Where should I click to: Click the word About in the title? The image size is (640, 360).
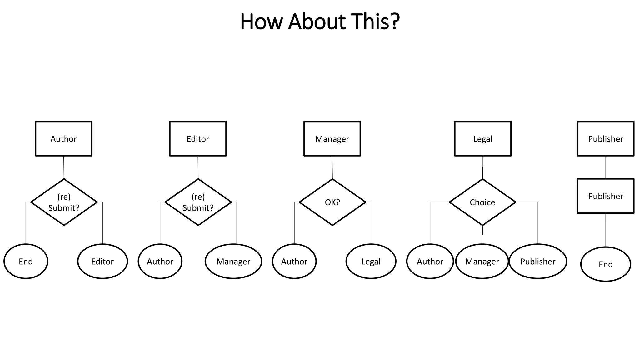pyautogui.click(x=317, y=22)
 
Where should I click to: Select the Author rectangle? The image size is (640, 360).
pyautogui.click(x=64, y=139)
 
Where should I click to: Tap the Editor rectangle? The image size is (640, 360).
pyautogui.click(x=198, y=139)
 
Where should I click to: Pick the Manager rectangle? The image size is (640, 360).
pyautogui.click(x=332, y=139)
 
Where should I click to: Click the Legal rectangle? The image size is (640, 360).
pyautogui.click(x=482, y=139)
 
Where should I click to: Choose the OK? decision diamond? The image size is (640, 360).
pyautogui.click(x=332, y=202)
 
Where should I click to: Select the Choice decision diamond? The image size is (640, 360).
pyautogui.click(x=482, y=202)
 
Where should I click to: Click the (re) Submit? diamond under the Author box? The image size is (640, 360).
pyautogui.click(x=64, y=202)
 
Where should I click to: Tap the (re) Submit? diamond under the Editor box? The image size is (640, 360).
pyautogui.click(x=198, y=202)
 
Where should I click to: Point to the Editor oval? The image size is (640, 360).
pyautogui.click(x=102, y=261)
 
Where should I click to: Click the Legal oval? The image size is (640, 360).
pyautogui.click(x=371, y=261)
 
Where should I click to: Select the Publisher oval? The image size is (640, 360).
pyautogui.click(x=538, y=261)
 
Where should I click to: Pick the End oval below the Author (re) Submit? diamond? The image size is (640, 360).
pyautogui.click(x=26, y=261)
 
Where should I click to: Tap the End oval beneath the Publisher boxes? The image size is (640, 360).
pyautogui.click(x=606, y=264)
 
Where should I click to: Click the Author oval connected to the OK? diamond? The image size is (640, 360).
pyautogui.click(x=294, y=261)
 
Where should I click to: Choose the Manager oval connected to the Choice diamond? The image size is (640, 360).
pyautogui.click(x=482, y=261)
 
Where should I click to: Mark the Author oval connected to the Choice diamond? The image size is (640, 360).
pyautogui.click(x=430, y=261)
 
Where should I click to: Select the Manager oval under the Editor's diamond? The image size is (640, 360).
pyautogui.click(x=233, y=261)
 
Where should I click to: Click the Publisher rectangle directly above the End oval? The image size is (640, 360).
pyautogui.click(x=606, y=196)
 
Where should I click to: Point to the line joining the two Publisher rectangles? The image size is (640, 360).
pyautogui.click(x=606, y=167)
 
